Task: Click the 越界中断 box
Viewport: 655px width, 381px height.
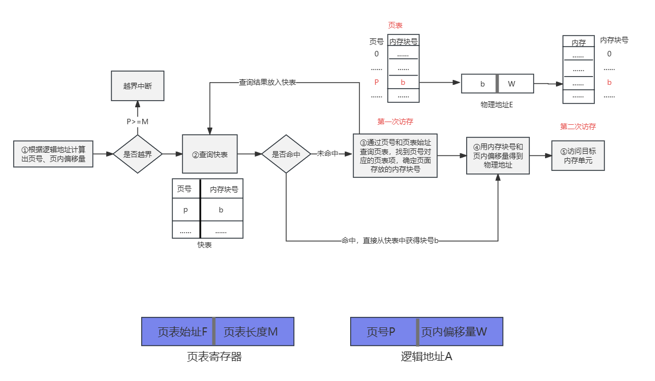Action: point(137,85)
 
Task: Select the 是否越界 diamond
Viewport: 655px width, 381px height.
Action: point(137,154)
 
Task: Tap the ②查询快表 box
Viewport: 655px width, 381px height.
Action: point(210,154)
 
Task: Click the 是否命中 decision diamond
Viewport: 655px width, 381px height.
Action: point(286,154)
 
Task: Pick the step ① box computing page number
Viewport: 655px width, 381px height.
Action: point(53,154)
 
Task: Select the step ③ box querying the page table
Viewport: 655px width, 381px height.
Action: point(395,155)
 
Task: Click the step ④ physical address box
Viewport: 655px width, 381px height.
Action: point(498,155)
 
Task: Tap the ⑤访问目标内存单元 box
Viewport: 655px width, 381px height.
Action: point(578,155)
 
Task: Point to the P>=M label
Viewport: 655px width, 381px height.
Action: point(137,121)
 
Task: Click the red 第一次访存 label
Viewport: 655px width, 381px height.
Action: point(395,122)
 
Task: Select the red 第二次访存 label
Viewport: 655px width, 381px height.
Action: point(578,126)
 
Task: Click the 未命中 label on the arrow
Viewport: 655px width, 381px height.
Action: point(328,154)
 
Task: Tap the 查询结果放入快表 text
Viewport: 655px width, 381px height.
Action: point(268,83)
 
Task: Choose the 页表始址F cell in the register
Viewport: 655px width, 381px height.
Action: point(177,332)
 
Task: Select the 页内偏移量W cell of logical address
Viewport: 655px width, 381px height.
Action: point(460,332)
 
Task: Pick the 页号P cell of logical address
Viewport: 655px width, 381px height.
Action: point(383,332)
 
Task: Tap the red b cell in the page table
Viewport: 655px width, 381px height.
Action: point(403,83)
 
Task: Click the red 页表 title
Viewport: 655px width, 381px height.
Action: point(395,25)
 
